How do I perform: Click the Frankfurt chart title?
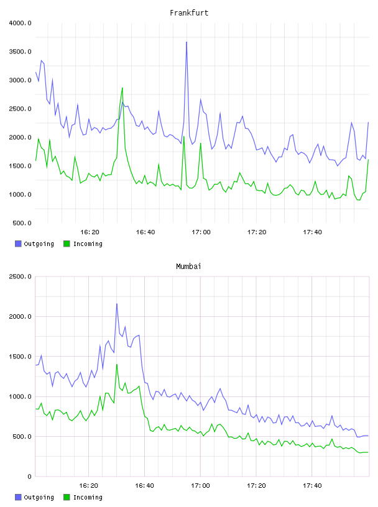tap(189, 13)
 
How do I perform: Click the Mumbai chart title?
tap(188, 267)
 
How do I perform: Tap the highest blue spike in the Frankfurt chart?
tap(187, 42)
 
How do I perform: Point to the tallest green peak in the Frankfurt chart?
tap(122, 88)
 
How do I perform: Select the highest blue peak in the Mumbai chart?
tap(117, 304)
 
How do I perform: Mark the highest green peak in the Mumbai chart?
tap(117, 364)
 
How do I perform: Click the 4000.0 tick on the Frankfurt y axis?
tap(20, 23)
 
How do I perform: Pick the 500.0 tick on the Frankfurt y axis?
tap(22, 223)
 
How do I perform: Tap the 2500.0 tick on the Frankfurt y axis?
tap(20, 109)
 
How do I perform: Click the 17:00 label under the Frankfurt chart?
tap(201, 232)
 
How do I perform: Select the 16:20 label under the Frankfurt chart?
tap(90, 232)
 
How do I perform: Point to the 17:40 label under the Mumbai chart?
tap(312, 486)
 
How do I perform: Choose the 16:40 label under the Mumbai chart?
tap(145, 486)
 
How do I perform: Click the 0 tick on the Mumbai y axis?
tap(29, 477)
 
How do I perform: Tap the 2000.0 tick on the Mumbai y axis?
tap(20, 316)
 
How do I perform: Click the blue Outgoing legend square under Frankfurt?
tap(18, 244)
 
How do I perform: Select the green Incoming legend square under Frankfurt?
tap(67, 244)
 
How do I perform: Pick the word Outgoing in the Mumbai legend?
tap(39, 497)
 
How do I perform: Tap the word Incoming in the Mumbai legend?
tap(88, 497)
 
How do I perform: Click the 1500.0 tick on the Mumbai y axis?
tap(20, 357)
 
